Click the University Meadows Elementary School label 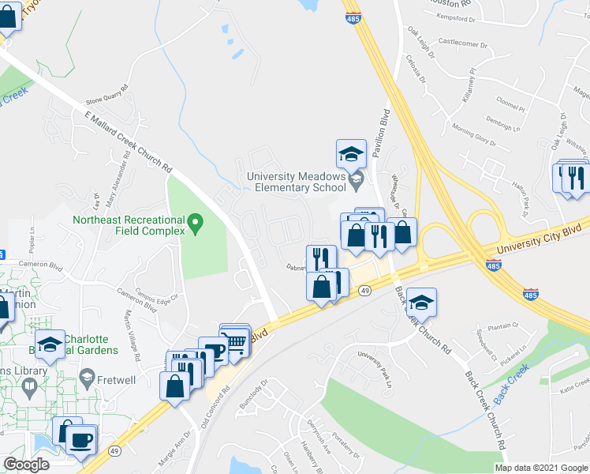tap(296, 182)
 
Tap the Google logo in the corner tap(27, 465)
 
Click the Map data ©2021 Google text tap(542, 468)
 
